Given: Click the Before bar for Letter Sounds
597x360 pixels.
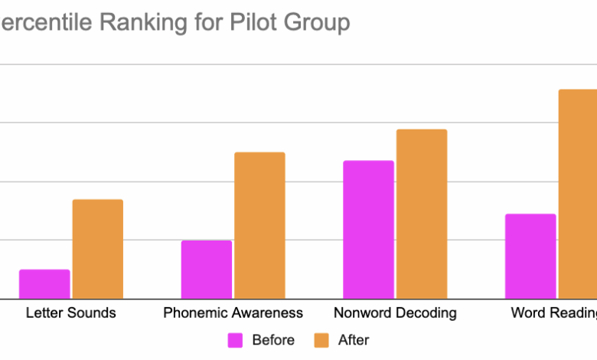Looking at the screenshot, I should (44, 284).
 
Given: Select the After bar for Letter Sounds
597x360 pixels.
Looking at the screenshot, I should (97, 249).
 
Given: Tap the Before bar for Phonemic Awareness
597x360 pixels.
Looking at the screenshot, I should (206, 270).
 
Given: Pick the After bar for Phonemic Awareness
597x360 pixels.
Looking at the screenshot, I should (259, 225).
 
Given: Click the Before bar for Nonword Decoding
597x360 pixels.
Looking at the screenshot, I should (368, 230).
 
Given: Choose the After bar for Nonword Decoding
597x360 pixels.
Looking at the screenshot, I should (422, 214).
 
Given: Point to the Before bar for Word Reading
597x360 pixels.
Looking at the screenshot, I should (530, 256).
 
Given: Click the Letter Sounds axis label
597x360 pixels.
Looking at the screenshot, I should (71, 313).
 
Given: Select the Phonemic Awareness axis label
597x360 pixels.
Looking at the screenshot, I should (233, 313).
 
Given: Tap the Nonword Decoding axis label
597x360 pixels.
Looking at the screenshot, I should (395, 313).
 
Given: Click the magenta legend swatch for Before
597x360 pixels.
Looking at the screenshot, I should (236, 339).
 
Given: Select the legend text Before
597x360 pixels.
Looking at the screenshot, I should (272, 339).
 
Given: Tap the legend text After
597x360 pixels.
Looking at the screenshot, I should (354, 339).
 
